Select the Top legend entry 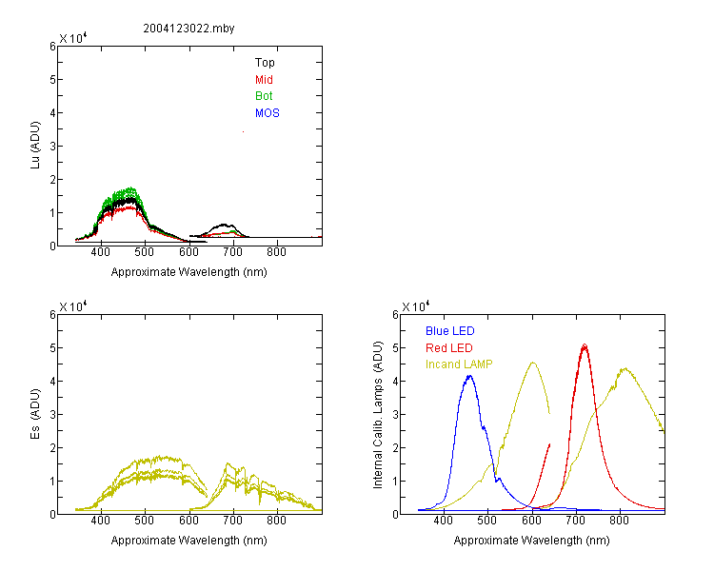point(265,64)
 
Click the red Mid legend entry point(264,80)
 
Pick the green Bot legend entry point(264,96)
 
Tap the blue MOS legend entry point(268,113)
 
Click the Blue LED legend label point(449,331)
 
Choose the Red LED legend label point(448,347)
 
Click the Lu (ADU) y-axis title point(35,147)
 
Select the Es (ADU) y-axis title point(35,414)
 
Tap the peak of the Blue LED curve point(469,376)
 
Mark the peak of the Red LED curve point(585,345)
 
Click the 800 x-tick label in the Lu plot point(277,253)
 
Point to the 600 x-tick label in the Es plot point(188,522)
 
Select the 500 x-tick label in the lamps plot point(487,522)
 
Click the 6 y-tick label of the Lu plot point(50,47)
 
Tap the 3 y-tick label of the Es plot point(50,414)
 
